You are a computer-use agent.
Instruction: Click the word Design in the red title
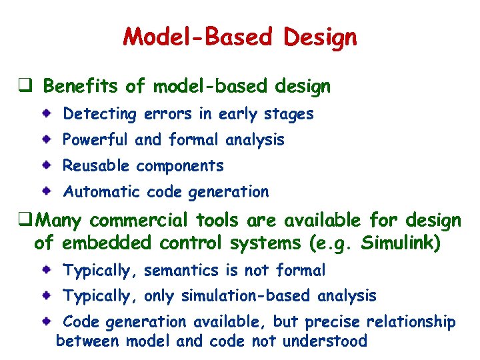(320, 37)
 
